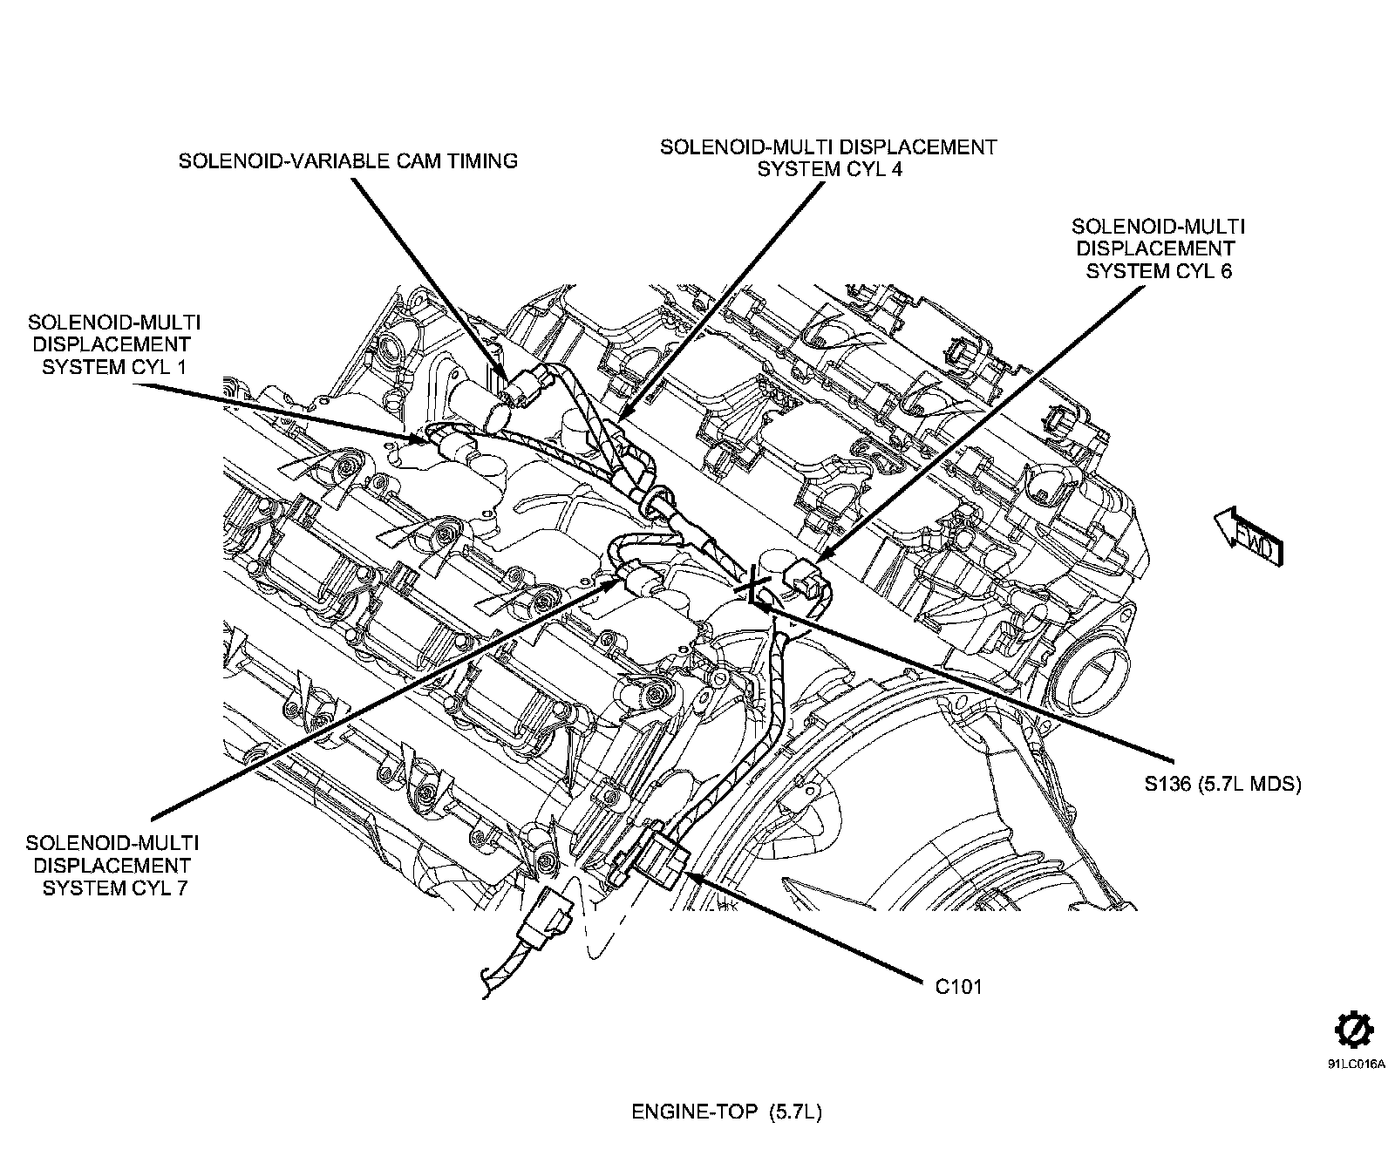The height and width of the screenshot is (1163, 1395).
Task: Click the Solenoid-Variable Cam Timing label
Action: (x=348, y=161)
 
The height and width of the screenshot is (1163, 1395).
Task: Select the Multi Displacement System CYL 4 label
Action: (x=827, y=158)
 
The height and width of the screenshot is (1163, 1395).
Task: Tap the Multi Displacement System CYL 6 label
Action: (x=1158, y=248)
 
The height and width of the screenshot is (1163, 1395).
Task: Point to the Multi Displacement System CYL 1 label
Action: (x=114, y=344)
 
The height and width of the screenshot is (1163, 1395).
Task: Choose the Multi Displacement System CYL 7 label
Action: (x=112, y=866)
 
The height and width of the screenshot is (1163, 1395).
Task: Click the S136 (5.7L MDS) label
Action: (x=1222, y=784)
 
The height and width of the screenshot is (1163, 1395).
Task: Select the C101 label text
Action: (x=958, y=987)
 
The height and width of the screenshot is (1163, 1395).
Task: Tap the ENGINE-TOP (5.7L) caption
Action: (x=726, y=1112)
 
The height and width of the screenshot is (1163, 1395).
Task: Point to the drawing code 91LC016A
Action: (x=1356, y=1064)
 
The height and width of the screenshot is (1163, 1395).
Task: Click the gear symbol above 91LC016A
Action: (x=1354, y=1031)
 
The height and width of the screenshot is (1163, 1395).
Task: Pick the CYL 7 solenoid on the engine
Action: (x=639, y=581)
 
